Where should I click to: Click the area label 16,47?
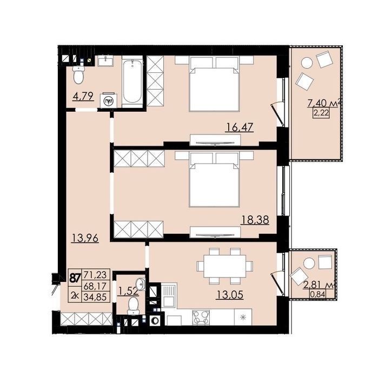coord(239,128)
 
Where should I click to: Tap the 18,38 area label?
coord(255,220)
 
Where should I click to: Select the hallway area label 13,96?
coord(85,238)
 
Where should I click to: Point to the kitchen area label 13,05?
coord(230,295)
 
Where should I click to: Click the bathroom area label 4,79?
coord(83,96)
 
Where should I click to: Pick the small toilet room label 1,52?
coord(129,291)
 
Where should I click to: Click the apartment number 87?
coord(75,278)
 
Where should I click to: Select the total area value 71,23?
coord(95,275)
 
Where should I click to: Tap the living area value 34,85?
coord(95,297)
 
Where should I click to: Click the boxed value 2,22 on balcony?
coord(321,113)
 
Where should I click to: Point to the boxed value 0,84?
coord(318,294)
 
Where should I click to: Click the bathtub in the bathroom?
coord(132,82)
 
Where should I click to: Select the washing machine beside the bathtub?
coord(108,100)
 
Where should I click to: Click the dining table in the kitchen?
coord(225,266)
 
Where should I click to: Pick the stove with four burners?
coord(201,318)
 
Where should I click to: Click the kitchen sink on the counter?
coord(169,295)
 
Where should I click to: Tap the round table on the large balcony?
coord(307,63)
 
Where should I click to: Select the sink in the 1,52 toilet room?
coord(141,285)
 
